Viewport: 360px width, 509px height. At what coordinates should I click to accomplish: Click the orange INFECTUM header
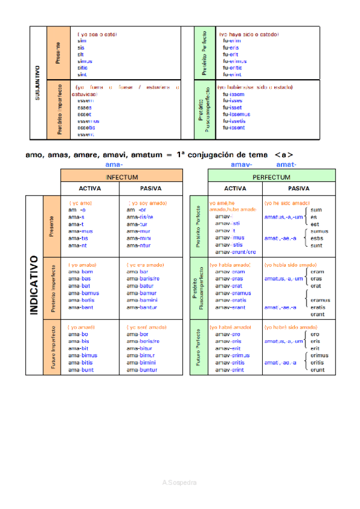click(x=122, y=178)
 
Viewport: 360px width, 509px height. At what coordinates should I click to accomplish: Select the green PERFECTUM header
click(x=271, y=178)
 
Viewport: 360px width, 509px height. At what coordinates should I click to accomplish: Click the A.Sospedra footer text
click(x=179, y=482)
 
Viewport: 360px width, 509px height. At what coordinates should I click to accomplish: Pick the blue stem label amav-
click(x=241, y=164)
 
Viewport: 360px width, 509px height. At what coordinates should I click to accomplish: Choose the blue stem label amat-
click(x=286, y=164)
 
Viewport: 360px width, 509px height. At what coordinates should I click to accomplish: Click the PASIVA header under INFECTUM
click(x=151, y=188)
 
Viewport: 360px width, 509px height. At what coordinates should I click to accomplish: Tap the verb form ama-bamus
click(x=80, y=293)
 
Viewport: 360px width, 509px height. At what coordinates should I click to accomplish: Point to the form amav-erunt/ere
click(x=235, y=252)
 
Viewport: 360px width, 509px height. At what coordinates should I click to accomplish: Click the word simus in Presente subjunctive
click(x=85, y=61)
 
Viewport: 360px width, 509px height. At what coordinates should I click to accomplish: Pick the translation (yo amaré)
click(x=82, y=327)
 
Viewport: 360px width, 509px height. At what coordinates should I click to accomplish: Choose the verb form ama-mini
click(x=139, y=238)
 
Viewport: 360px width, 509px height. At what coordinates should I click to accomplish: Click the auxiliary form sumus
click(x=319, y=231)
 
